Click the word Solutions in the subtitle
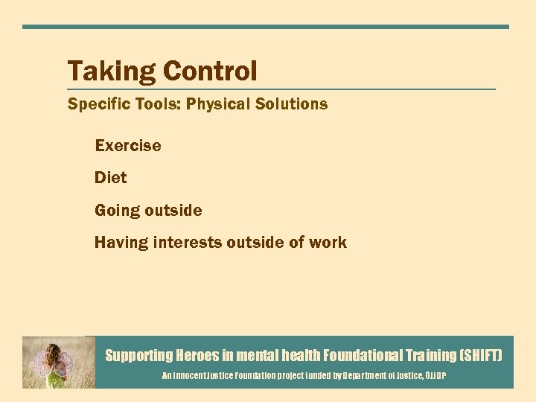tap(291, 104)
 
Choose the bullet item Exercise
tap(128, 146)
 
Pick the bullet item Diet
tap(111, 178)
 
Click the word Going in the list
tap(117, 211)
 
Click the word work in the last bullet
tap(329, 243)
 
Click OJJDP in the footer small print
tap(434, 377)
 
